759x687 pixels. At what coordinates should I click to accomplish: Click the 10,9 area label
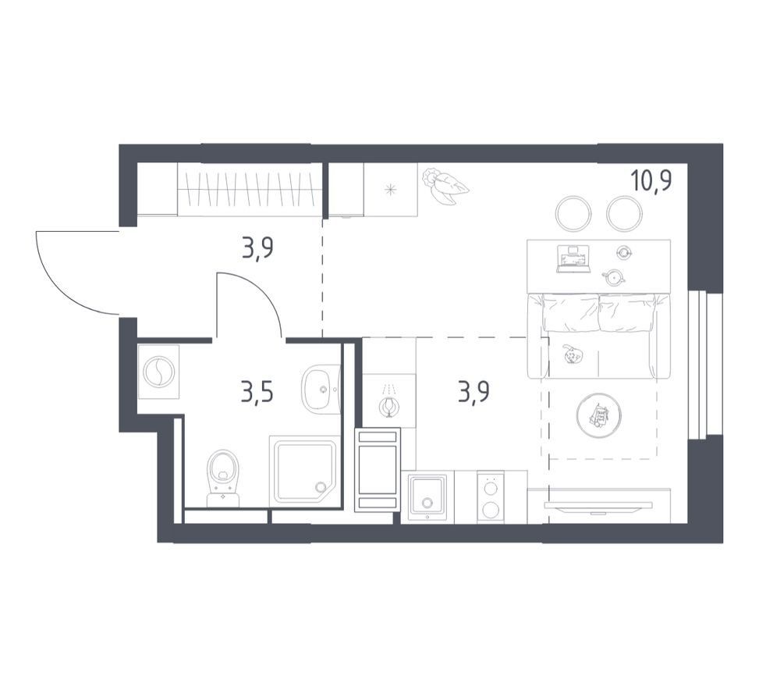coord(651,181)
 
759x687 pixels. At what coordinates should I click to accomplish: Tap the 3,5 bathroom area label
coord(257,393)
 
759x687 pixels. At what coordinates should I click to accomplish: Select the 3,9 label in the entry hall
coord(257,249)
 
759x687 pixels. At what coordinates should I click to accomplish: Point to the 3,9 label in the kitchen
coord(473,393)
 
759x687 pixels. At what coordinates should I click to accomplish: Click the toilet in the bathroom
coord(223,479)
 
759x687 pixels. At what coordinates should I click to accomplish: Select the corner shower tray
coord(305,470)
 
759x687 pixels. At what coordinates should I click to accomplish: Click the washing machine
coord(158,372)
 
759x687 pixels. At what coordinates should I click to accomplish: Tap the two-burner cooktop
coord(491,496)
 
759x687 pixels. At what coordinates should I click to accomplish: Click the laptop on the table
coord(573,259)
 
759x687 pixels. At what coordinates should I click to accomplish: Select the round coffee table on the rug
coord(599,415)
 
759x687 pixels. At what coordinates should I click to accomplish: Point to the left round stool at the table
coord(573,213)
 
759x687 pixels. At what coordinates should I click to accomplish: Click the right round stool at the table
coord(624,213)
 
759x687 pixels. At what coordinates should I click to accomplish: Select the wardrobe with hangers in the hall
coord(250,190)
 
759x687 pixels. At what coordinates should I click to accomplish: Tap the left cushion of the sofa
coord(571,312)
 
